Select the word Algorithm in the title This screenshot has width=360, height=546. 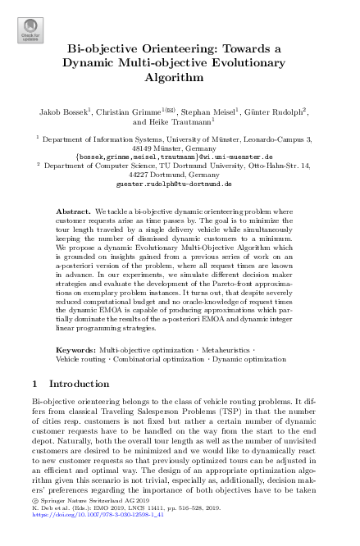(179, 80)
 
